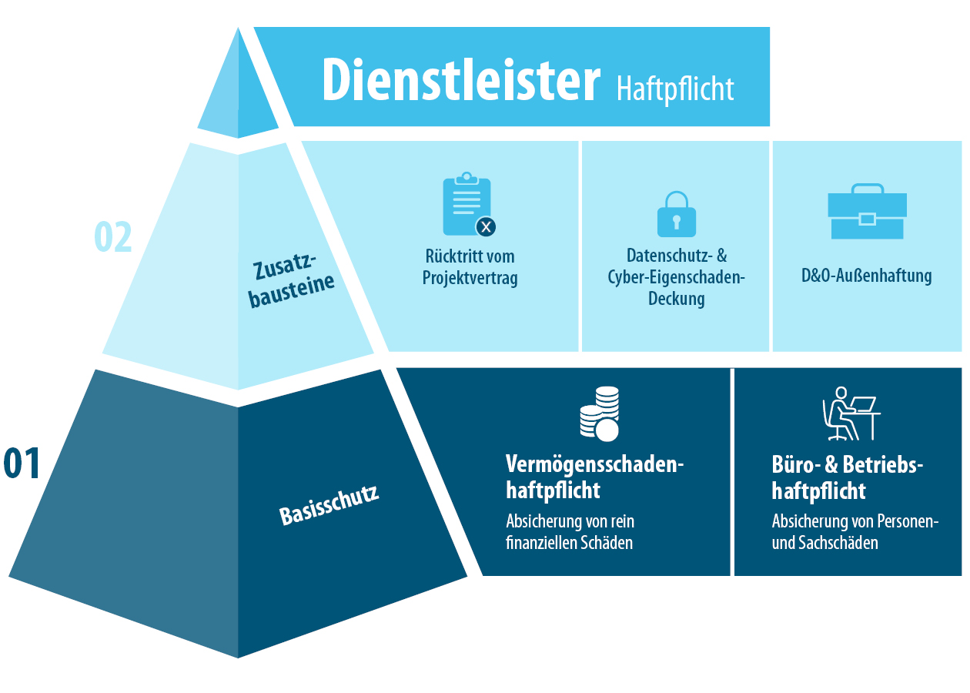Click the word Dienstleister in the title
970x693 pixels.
point(460,79)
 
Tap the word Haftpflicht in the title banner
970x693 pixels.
point(674,89)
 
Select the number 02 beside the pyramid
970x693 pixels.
point(113,237)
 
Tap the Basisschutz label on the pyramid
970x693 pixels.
point(329,504)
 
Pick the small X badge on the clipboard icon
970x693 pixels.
point(486,226)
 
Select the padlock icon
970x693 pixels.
point(676,214)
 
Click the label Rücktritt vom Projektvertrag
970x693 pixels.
point(470,266)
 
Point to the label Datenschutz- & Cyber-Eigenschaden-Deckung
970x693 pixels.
point(676,276)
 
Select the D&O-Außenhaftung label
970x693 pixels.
point(866,276)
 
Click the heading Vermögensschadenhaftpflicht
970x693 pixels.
point(594,477)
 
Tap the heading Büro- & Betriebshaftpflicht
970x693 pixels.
point(847,477)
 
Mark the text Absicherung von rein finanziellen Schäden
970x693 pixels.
point(570,532)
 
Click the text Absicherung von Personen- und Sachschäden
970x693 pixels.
point(855,532)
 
